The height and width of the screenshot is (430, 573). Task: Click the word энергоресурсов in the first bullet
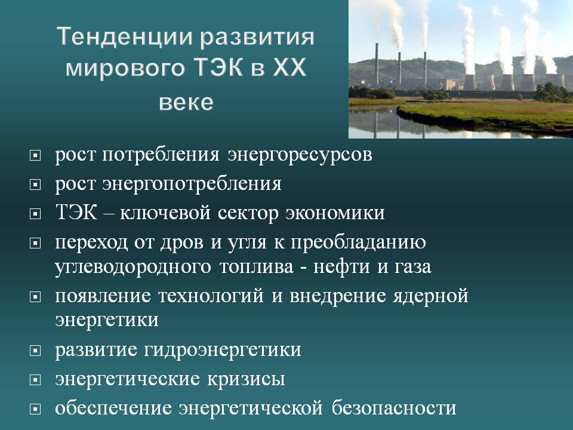(300, 155)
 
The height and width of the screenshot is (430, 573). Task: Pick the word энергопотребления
(192, 184)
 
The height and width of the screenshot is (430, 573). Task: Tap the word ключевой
(165, 213)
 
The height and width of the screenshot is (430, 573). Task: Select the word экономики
(335, 213)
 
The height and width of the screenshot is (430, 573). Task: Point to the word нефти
(341, 266)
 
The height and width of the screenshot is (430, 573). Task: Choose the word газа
(413, 267)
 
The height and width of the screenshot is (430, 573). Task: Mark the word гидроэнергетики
(223, 351)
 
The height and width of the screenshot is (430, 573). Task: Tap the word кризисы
(247, 380)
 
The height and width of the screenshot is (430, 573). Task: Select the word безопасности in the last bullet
(394, 408)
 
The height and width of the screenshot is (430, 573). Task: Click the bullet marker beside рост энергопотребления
(35, 185)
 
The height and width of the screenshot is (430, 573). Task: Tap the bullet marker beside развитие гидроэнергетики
(35, 351)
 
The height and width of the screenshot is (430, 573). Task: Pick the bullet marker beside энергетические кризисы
(35, 380)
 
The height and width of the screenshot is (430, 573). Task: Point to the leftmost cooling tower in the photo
(470, 82)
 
